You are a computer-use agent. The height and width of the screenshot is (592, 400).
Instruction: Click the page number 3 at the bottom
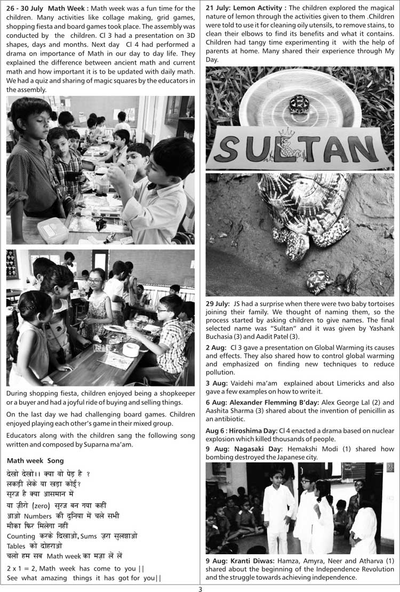(200, 589)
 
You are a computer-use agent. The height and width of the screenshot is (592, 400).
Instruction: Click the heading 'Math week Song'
(35, 461)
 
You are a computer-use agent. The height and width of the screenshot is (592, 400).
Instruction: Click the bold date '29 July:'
(218, 303)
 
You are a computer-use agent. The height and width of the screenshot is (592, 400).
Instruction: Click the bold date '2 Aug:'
(215, 347)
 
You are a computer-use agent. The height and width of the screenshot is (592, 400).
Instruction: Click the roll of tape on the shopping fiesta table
(131, 349)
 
